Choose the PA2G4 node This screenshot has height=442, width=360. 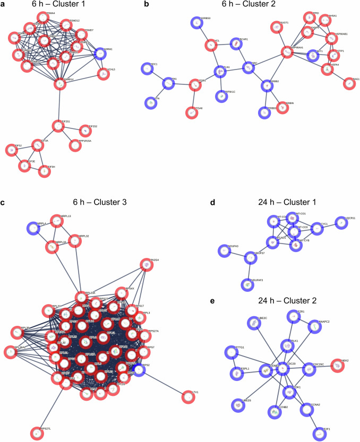147,264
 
